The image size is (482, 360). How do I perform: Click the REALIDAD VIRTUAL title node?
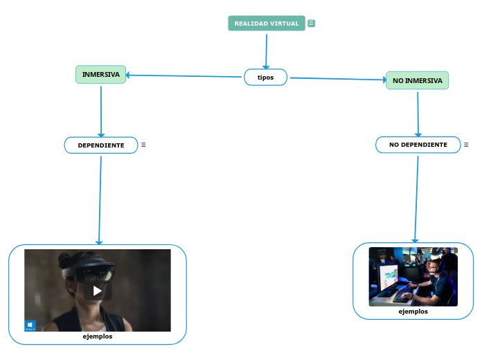tap(267, 24)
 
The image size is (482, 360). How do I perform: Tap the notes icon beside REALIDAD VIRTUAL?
tap(312, 24)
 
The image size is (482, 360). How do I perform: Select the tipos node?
tap(265, 77)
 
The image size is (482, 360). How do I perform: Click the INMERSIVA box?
tap(101, 74)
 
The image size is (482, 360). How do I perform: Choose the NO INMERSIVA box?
tap(417, 80)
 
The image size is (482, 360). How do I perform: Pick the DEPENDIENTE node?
tap(101, 145)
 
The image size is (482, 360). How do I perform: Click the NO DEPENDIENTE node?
tap(418, 145)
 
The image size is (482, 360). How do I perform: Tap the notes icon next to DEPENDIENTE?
tap(143, 145)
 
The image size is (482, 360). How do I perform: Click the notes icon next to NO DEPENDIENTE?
tap(466, 145)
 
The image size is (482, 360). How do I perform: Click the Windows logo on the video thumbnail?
tap(30, 325)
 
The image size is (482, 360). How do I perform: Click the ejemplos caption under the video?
tap(98, 336)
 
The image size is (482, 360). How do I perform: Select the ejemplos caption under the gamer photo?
tap(413, 312)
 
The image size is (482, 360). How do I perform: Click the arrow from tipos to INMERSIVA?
tap(184, 76)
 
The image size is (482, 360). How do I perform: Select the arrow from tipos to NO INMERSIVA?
tap(338, 79)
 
